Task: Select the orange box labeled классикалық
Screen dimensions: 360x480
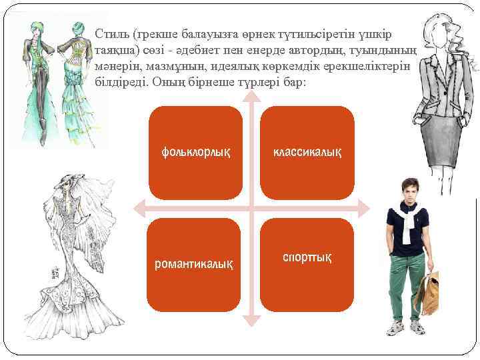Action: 306,153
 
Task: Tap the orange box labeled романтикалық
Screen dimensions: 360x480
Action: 194,264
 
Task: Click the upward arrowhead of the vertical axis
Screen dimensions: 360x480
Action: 251,95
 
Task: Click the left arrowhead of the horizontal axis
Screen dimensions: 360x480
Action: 139,208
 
